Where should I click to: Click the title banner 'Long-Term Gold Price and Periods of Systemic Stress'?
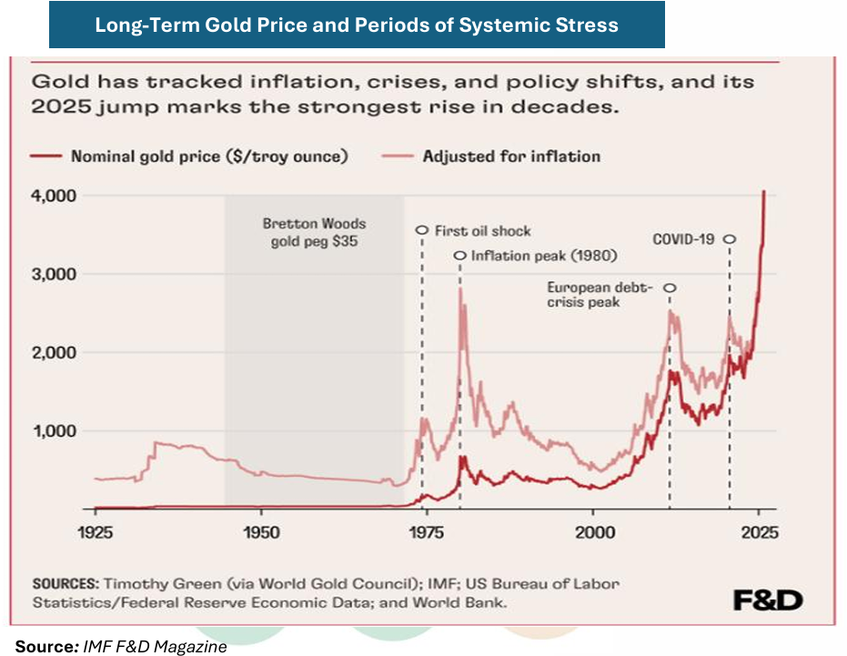point(357,25)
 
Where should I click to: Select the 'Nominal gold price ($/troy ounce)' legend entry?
point(209,156)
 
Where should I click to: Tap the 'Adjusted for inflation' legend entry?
point(511,156)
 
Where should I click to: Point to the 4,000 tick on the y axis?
point(54,196)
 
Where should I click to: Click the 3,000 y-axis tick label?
point(54,274)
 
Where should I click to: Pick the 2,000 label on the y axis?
point(54,352)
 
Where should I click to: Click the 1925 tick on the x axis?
point(96,532)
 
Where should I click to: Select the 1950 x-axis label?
point(261,532)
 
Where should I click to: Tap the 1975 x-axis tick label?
point(427,532)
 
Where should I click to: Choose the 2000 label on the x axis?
point(593,532)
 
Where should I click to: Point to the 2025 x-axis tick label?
point(759,532)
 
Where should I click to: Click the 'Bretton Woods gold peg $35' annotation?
point(314,231)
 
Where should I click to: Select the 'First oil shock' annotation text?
point(482,231)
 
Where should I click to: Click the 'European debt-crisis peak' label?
point(600,294)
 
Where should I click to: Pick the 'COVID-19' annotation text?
point(683,239)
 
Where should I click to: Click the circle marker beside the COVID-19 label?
point(729,239)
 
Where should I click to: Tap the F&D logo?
point(769,600)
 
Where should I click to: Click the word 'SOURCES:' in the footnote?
point(66,583)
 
